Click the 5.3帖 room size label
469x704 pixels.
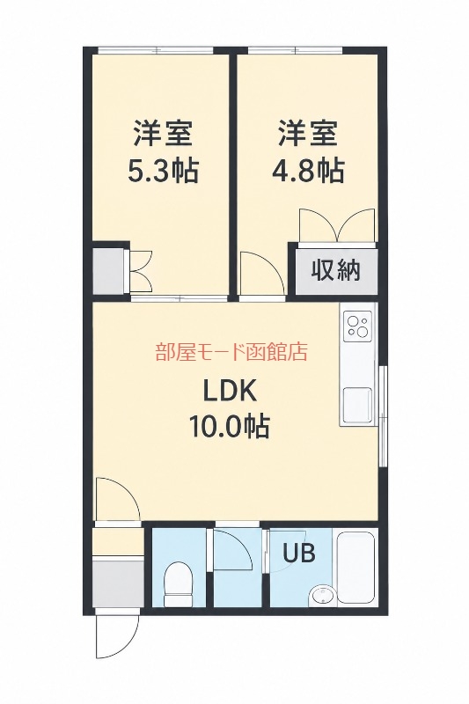(x=163, y=171)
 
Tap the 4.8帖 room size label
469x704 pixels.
(x=309, y=171)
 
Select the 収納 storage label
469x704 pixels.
(x=336, y=271)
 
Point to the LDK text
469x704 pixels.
(x=230, y=391)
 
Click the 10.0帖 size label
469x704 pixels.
(x=230, y=426)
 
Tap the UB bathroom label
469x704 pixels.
(x=299, y=553)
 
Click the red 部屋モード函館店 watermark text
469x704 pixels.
(x=231, y=352)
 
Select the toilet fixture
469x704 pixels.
(x=178, y=583)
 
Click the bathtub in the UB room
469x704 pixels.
(x=356, y=568)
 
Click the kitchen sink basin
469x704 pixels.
(x=357, y=405)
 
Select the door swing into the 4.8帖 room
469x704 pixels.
(x=262, y=273)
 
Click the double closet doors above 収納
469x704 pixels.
(x=337, y=225)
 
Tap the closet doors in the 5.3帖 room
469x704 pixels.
(x=141, y=273)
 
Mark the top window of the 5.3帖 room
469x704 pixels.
(x=155, y=50)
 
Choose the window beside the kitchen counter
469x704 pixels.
(x=383, y=416)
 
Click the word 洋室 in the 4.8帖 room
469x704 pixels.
(x=308, y=132)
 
